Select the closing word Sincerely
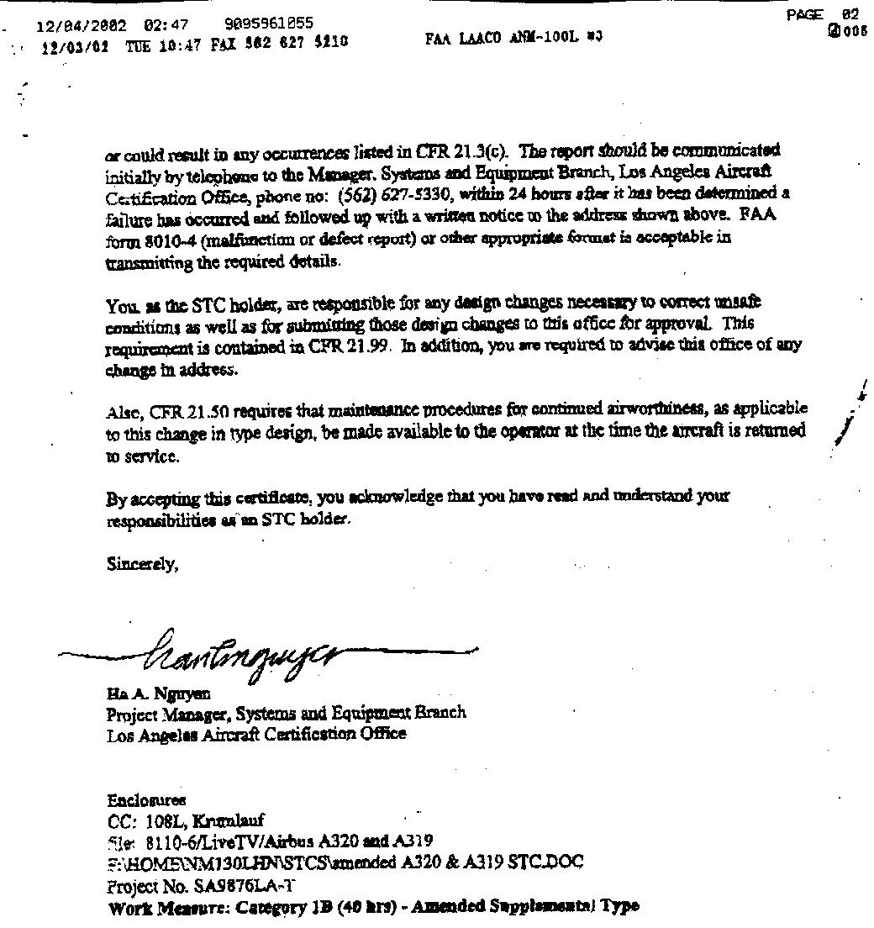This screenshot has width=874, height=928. point(142,566)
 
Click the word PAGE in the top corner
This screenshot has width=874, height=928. point(804,14)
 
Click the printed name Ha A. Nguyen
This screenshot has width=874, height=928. point(158,694)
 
